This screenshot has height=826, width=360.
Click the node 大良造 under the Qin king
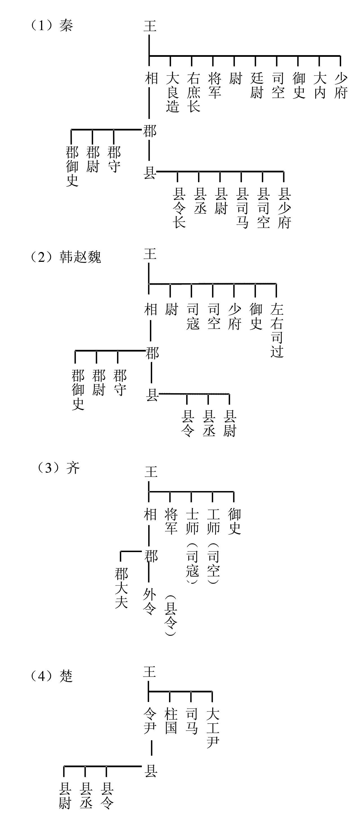[x=172, y=92]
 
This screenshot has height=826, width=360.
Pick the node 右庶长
[x=193, y=92]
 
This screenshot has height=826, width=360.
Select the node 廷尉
[x=257, y=85]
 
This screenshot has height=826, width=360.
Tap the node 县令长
[x=179, y=208]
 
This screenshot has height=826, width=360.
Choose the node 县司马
[x=242, y=208]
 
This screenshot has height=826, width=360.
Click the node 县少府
[x=284, y=208]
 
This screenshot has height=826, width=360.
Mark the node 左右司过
[x=277, y=330]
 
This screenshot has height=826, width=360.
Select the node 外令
[x=149, y=602]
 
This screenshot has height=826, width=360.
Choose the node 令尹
[x=150, y=721]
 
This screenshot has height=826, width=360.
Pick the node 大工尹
[x=213, y=728]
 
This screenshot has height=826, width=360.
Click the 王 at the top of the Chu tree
[x=150, y=671]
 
